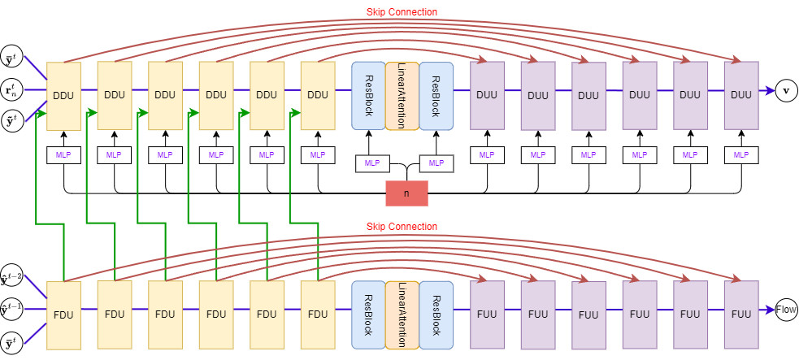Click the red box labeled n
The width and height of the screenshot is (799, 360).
[406, 193]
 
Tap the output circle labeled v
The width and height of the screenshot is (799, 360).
[785, 90]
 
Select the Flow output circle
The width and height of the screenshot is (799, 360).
[786, 310]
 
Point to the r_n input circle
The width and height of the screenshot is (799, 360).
[12, 89]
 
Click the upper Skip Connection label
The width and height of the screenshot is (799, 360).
[402, 12]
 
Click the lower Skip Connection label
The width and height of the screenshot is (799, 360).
[402, 226]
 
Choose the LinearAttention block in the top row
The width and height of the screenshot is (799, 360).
[402, 96]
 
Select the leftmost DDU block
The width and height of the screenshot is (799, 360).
[63, 95]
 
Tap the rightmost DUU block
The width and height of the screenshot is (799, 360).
[740, 95]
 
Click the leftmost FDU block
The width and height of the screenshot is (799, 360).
[63, 314]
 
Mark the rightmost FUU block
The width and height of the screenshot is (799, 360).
[740, 314]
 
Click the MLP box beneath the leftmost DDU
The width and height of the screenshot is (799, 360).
[63, 154]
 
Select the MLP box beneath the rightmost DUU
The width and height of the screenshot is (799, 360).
[740, 154]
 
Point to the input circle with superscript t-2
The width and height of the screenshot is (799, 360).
[12, 275]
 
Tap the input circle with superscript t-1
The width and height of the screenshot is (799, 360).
[12, 309]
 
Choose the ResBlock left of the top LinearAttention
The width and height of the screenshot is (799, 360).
[368, 96]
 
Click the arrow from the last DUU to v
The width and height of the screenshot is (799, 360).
[766, 90]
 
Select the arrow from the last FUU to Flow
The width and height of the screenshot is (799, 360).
[766, 310]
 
